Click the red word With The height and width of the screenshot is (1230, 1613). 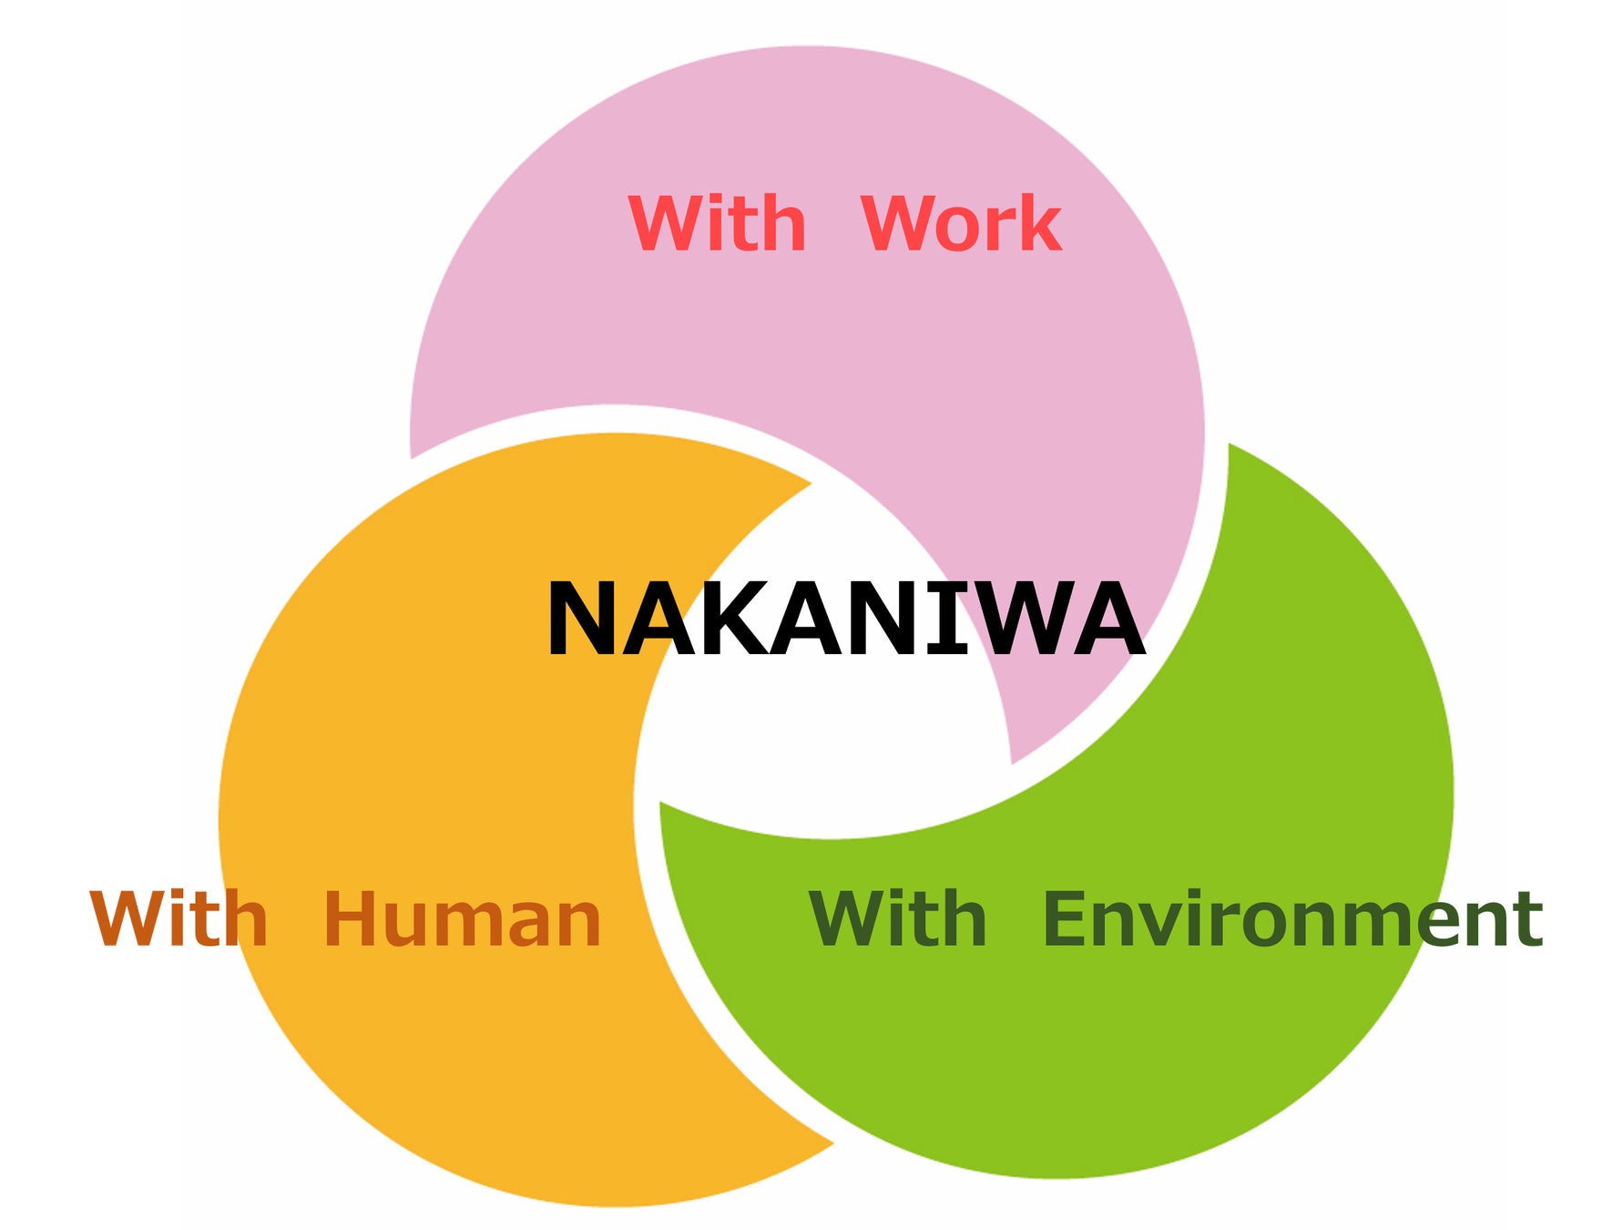pos(717,223)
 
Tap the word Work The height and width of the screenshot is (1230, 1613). pos(961,223)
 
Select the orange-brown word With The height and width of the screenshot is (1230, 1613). pos(179,918)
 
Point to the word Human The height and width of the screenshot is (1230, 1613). pos(462,918)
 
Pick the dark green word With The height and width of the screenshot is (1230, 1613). pos(897,918)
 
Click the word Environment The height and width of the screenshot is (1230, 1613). pos(1291,918)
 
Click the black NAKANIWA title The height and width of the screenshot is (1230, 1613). pos(844,619)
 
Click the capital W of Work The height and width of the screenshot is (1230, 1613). pos(897,223)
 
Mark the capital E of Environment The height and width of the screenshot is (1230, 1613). pos(1064,918)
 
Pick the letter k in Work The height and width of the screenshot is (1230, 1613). pos(1039,223)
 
